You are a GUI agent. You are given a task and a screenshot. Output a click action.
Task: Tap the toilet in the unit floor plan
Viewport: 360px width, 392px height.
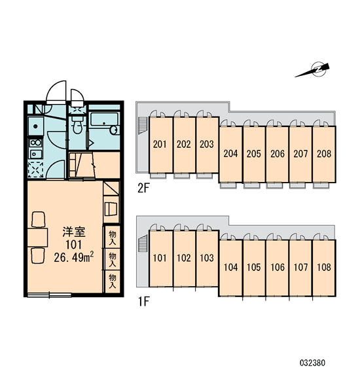[77, 124]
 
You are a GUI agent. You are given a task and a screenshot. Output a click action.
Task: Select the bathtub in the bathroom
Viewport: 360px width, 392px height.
[105, 124]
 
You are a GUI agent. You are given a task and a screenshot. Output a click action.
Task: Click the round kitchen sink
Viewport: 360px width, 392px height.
[35, 126]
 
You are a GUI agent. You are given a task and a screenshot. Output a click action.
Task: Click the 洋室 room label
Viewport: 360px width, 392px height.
[74, 232]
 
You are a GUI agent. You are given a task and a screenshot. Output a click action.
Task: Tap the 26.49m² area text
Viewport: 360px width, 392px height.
[74, 257]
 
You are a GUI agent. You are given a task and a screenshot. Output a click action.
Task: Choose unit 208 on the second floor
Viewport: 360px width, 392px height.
[324, 154]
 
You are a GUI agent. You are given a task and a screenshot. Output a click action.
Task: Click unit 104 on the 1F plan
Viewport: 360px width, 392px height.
[230, 268]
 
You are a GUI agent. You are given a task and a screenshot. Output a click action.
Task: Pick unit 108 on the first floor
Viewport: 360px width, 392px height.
[324, 268]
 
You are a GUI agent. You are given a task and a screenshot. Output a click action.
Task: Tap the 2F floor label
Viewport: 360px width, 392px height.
[143, 188]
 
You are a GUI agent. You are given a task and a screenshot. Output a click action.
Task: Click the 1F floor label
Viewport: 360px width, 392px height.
[143, 302]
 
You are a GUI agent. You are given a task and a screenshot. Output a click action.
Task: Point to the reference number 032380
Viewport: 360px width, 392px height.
[312, 363]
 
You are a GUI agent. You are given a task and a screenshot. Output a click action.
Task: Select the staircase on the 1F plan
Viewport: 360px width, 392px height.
[143, 243]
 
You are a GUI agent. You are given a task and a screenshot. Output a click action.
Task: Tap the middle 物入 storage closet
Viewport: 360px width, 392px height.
[112, 259]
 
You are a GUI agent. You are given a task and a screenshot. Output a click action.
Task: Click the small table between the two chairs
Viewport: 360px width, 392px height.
[37, 238]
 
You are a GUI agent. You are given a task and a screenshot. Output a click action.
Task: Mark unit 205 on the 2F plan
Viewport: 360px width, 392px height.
[254, 154]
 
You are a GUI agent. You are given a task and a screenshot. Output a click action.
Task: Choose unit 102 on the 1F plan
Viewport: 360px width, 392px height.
[184, 258]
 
